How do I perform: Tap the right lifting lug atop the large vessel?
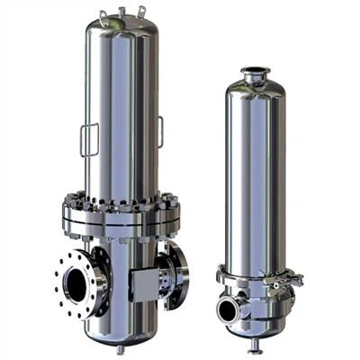[x=141, y=12]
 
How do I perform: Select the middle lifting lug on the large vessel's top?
[x=121, y=10]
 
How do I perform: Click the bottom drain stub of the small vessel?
[x=255, y=344]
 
